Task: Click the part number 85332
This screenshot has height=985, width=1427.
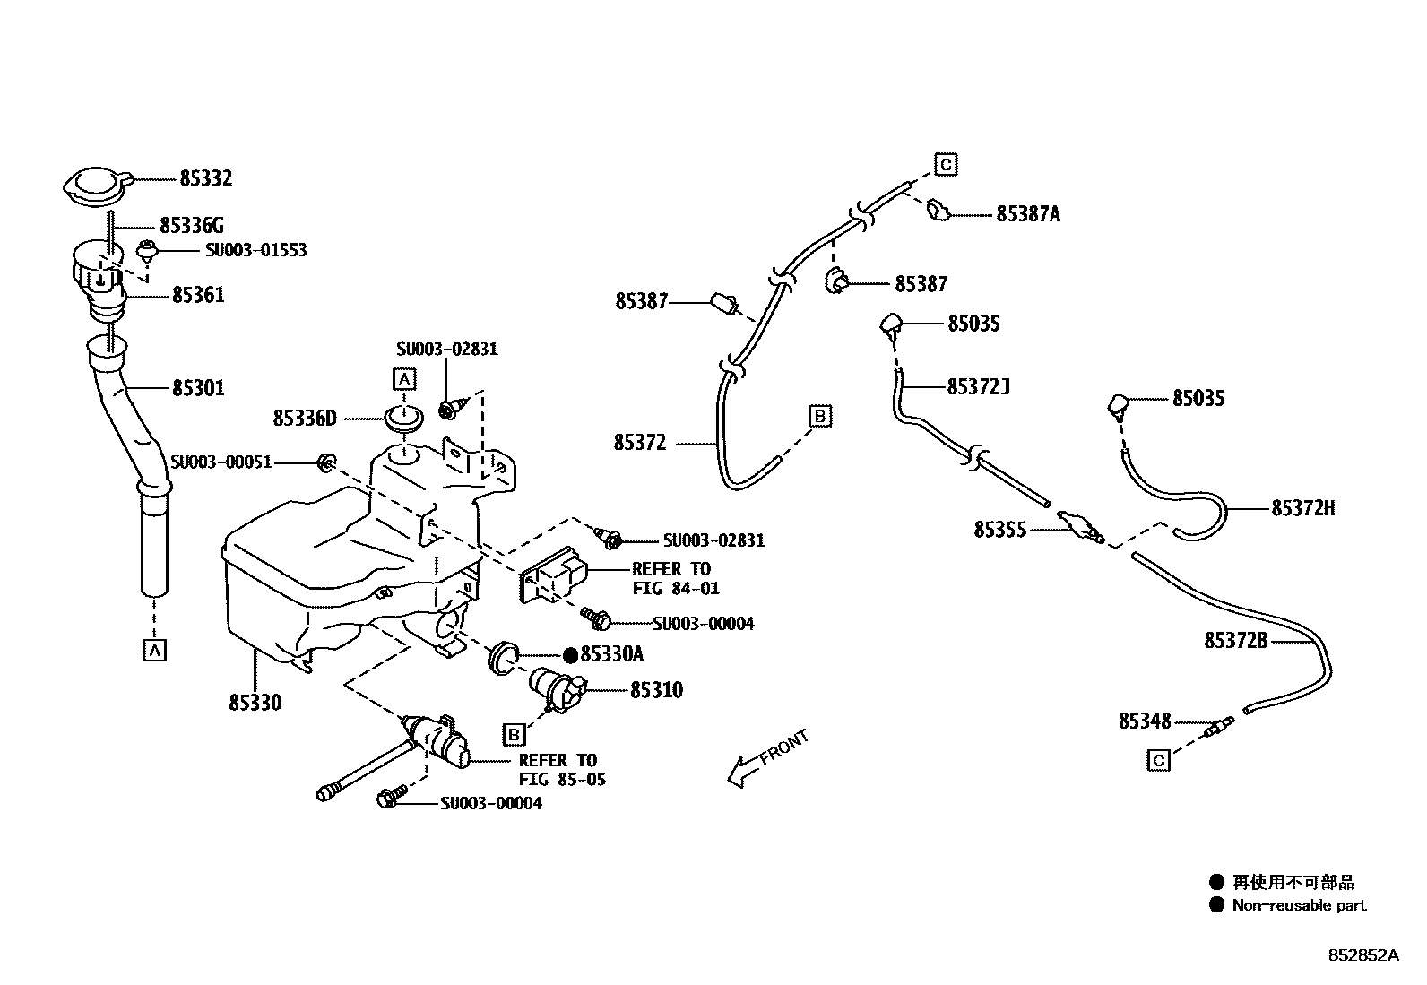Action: pos(205,178)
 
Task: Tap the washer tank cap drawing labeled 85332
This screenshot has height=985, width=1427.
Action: pos(96,186)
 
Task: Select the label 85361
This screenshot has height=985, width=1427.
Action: pos(198,295)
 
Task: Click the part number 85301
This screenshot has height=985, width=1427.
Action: pos(198,388)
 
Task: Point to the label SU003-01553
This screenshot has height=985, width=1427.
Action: pos(255,250)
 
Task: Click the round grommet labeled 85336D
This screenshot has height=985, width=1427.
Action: pos(403,418)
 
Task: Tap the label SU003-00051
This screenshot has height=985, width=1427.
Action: pos(221,462)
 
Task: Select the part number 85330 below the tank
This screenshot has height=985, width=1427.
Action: pos(255,703)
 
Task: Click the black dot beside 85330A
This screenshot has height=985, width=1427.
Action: pos(570,655)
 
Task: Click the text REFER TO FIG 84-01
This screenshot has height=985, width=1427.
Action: pos(674,579)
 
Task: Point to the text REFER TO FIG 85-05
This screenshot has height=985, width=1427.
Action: pos(561,770)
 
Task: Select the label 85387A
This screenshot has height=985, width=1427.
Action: pos(1028,214)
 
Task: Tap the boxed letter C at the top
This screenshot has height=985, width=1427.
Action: pos(946,165)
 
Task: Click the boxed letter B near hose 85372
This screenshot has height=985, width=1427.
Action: pos(820,416)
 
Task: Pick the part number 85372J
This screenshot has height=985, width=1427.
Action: pos(978,387)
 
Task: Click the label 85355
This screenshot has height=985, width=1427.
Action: pos(1000,530)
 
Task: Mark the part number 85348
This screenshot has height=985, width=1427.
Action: pos(1145,721)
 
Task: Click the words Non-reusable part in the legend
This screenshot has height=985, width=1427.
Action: pos(1299,905)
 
